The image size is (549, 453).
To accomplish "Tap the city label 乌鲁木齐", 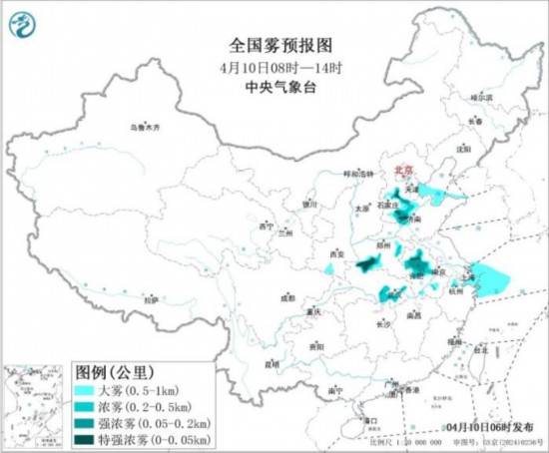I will click(146, 129).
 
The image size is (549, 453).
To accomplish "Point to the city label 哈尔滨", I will click(482, 98).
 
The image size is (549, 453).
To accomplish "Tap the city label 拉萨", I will click(150, 299).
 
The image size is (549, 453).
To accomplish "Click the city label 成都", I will click(287, 296).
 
